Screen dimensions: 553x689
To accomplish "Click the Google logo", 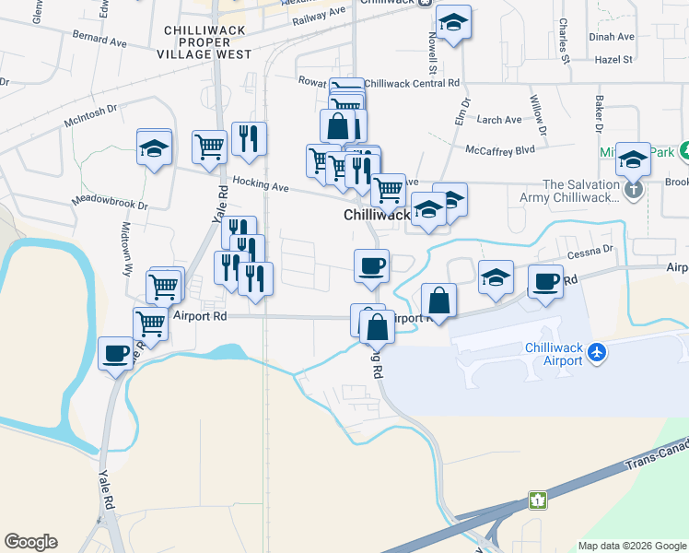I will (x=30, y=542).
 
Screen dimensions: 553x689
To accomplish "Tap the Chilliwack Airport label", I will (x=553, y=354).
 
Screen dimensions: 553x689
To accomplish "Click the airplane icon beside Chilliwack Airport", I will (x=598, y=351).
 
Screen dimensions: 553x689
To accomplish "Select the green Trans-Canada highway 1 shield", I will (x=536, y=500).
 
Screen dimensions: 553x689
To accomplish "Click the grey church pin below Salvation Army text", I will (x=633, y=191).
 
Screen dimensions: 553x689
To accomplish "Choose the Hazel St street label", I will (x=614, y=59).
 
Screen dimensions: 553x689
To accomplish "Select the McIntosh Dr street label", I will (x=91, y=109).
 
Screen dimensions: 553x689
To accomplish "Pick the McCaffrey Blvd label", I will (x=500, y=149).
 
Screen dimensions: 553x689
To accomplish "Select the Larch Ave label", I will (x=499, y=120).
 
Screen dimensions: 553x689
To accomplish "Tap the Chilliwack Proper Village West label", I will (x=207, y=42).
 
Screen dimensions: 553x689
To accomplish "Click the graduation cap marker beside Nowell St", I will (x=452, y=22).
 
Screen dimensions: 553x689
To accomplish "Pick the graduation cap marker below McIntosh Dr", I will (x=155, y=147).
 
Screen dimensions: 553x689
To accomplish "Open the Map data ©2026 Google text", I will (x=631, y=546).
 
